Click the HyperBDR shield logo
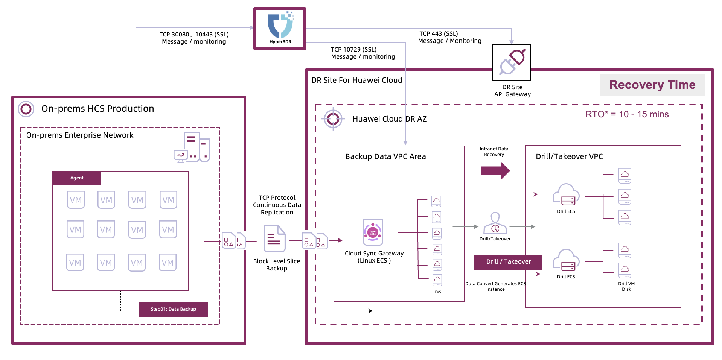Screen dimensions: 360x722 [280, 26]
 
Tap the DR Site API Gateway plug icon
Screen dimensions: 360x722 [512, 62]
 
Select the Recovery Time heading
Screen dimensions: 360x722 [652, 85]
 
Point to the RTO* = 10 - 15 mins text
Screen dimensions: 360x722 [627, 114]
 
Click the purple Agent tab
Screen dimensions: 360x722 [77, 178]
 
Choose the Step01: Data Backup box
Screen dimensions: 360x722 [173, 309]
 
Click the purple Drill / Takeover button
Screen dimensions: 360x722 [508, 262]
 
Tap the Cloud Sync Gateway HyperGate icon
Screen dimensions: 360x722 [373, 232]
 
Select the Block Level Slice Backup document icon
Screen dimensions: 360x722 [274, 238]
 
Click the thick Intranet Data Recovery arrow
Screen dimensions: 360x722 [495, 171]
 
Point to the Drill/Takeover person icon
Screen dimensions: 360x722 [495, 223]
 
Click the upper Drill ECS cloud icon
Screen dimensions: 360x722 [566, 194]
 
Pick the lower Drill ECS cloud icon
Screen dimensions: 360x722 [566, 260]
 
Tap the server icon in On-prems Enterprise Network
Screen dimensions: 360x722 [192, 147]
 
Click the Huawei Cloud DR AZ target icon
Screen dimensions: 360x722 [333, 119]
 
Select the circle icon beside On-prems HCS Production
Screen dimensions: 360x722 [26, 109]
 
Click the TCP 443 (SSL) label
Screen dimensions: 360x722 [439, 34]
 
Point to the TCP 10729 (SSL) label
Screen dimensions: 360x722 [353, 50]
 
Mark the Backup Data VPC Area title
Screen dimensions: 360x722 [385, 156]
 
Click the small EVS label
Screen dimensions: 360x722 [438, 292]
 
